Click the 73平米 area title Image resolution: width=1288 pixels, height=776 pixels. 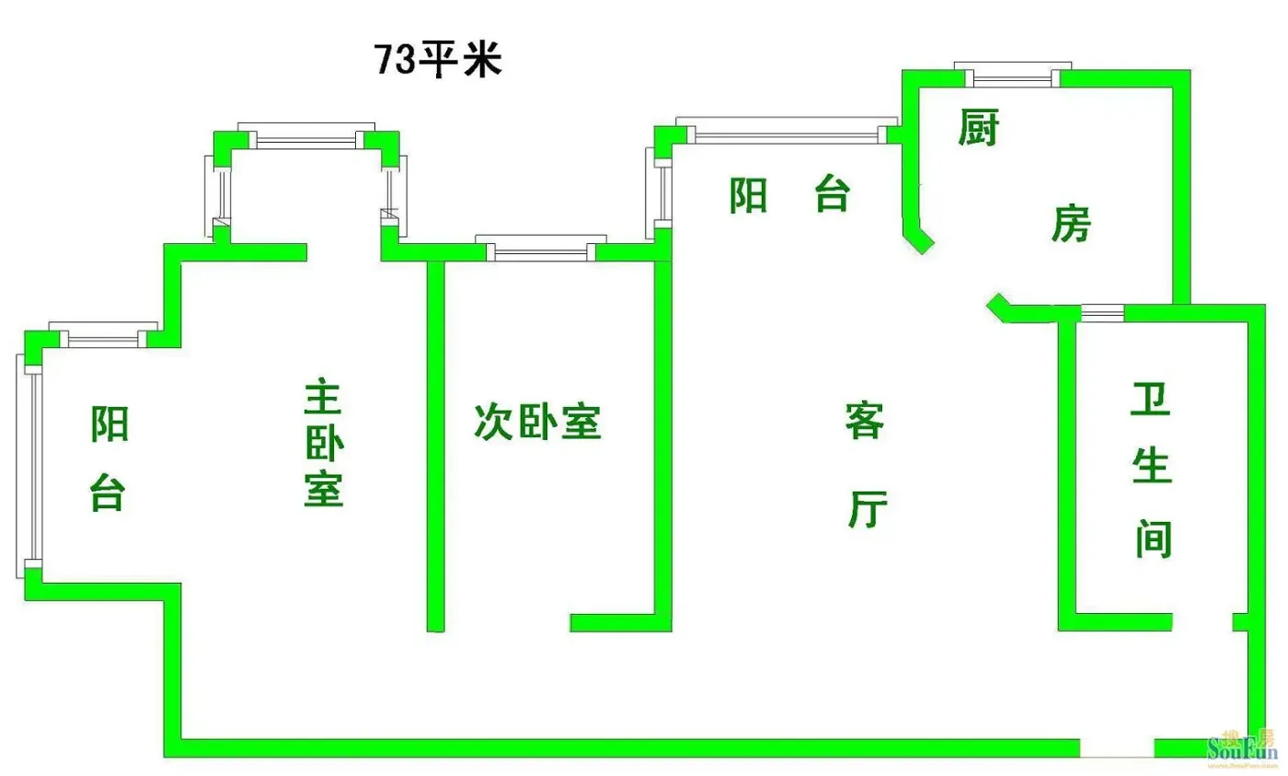pos(438,59)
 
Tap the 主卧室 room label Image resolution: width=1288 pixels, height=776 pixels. pos(324,443)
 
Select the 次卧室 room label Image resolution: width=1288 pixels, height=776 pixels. pos(537,422)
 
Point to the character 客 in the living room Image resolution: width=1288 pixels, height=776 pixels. pos(864,421)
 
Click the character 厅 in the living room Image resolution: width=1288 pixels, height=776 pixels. pos(868,508)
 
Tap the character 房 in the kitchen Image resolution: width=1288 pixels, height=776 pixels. pos(1071,223)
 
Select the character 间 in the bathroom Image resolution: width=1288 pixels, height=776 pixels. pos(1154,539)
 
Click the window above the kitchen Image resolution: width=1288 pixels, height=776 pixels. pos(1013,75)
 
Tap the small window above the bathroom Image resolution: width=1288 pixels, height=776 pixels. pos(1102,312)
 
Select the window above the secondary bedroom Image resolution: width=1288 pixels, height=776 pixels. pos(541,248)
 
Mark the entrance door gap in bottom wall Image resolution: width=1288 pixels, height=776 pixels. pos(1117,747)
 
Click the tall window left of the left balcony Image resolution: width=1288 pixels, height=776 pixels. pos(29,466)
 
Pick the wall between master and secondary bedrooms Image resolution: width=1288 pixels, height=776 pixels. pos(435,446)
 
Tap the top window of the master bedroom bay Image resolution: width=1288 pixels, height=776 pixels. pos(306,135)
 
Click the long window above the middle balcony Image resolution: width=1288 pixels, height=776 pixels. pos(787,130)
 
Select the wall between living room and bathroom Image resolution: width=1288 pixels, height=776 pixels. pos(1066,475)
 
